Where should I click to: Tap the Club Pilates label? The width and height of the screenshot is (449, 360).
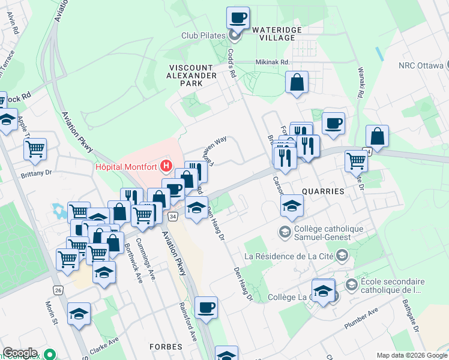pyautogui.click(x=203, y=35)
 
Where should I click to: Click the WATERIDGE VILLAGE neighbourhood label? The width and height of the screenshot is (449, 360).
pyautogui.click(x=274, y=33)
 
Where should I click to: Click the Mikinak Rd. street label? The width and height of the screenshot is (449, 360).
pyautogui.click(x=273, y=62)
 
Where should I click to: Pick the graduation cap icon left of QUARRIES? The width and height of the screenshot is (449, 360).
pyautogui.click(x=292, y=206)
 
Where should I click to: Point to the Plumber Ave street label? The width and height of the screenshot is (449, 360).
pyautogui.click(x=361, y=320)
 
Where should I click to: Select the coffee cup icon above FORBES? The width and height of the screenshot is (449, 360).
pyautogui.click(x=206, y=307)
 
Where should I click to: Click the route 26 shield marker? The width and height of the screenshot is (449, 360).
pyautogui.click(x=58, y=290)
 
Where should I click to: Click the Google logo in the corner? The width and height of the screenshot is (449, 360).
pyautogui.click(x=20, y=353)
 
